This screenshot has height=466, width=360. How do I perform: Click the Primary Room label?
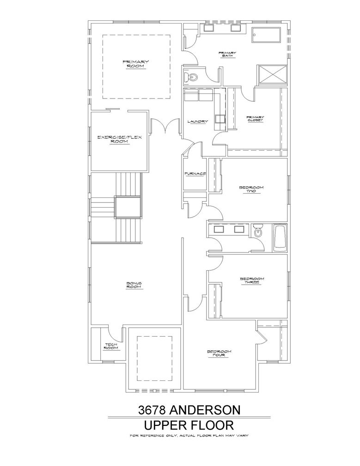pyautogui.click(x=136, y=64)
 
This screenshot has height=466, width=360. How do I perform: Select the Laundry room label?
pyautogui.click(x=197, y=121)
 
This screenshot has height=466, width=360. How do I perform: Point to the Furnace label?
pyautogui.click(x=195, y=173)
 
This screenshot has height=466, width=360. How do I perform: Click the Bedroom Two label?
pyautogui.click(x=251, y=189)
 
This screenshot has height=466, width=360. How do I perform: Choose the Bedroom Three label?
pyautogui.click(x=252, y=280)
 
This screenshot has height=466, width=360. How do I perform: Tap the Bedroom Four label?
pyautogui.click(x=219, y=353)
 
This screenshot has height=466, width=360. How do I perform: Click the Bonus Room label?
pyautogui.click(x=134, y=285)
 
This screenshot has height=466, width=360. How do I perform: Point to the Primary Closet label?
pyautogui.click(x=255, y=118)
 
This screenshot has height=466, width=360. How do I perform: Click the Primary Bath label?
pyautogui.click(x=227, y=54)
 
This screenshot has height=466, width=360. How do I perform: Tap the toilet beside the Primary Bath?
pyautogui.click(x=190, y=77)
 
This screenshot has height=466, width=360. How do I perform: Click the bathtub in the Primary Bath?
pyautogui.click(x=266, y=35)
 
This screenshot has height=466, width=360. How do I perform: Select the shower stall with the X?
pyautogui.click(x=273, y=75)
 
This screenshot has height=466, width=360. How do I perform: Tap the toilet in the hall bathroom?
pyautogui.click(x=257, y=231)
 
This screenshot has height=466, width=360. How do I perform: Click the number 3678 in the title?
pyautogui.click(x=152, y=410)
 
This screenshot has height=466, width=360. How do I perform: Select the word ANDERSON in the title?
pyautogui.click(x=205, y=410)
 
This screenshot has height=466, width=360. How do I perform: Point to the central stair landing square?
pyautogui.click(x=127, y=207)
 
